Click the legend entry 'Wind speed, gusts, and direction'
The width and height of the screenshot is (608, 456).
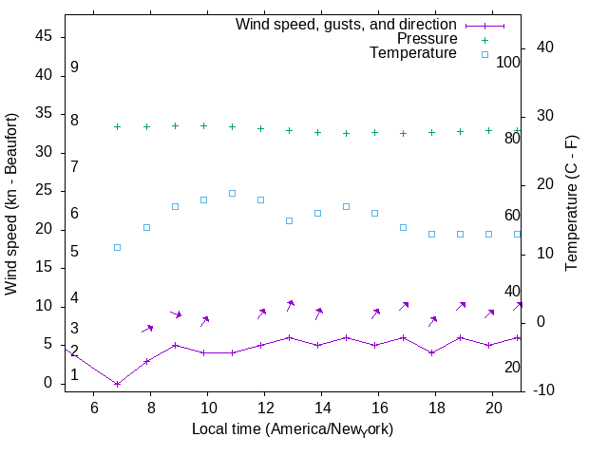coord(346,24)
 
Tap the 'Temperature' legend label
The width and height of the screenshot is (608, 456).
coord(413,53)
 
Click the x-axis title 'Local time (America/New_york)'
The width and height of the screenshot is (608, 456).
coord(293,429)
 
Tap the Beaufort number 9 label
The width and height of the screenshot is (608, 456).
coord(74,68)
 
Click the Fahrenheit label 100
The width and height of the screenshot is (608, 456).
coord(509,63)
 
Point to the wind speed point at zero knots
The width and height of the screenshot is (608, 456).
coord(118,384)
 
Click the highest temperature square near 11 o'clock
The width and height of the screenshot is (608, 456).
coord(232,193)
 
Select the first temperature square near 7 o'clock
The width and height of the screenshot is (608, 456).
coord(118,247)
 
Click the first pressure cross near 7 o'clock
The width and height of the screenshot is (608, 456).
coord(118,126)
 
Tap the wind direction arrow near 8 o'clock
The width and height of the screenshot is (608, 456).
coord(147,329)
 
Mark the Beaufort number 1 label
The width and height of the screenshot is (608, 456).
coord(74,375)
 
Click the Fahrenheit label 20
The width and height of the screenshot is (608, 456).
coord(512,368)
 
